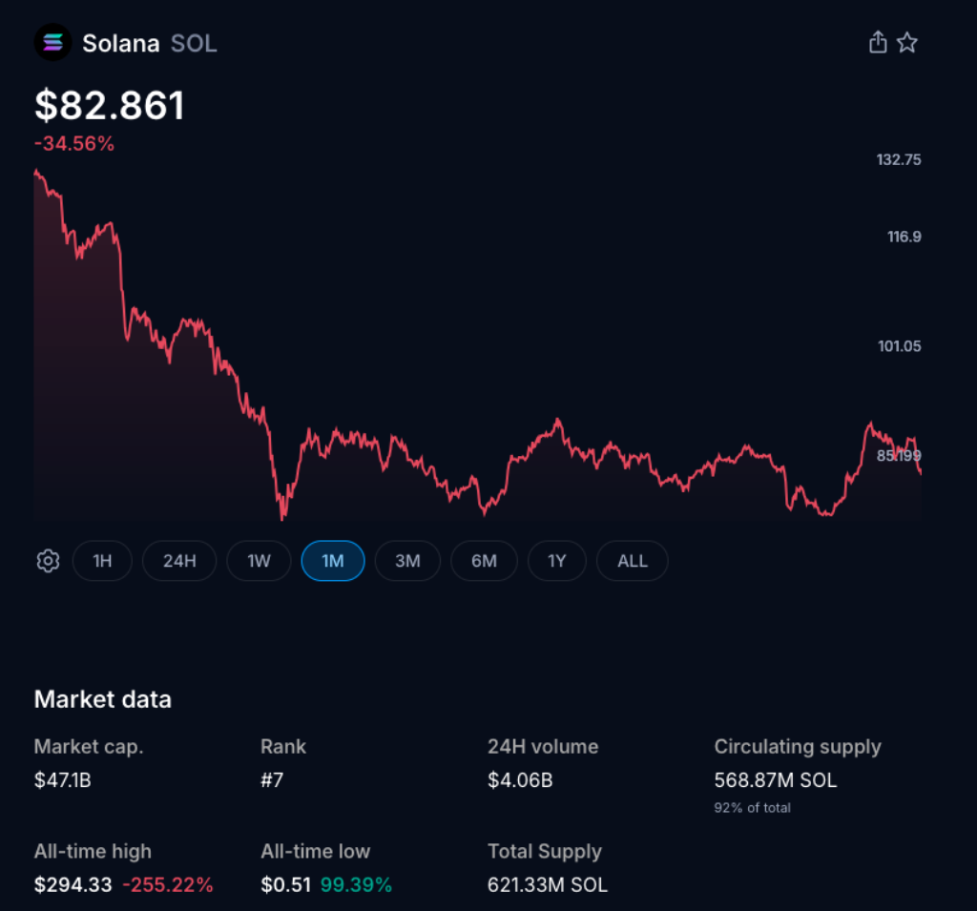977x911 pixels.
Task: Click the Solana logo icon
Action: pyautogui.click(x=52, y=43)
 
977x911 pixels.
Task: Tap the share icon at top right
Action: pyautogui.click(x=878, y=43)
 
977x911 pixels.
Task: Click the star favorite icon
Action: pyautogui.click(x=907, y=43)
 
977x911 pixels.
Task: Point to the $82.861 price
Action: pyautogui.click(x=110, y=105)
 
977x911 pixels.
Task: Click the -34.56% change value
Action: pyautogui.click(x=74, y=144)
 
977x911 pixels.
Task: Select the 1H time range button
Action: pyautogui.click(x=102, y=561)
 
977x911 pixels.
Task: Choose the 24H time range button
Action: pyautogui.click(x=179, y=561)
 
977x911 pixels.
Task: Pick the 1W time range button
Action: pyautogui.click(x=259, y=561)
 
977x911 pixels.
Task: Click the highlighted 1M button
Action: pyautogui.click(x=333, y=561)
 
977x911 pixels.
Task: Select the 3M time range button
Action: pyautogui.click(x=407, y=561)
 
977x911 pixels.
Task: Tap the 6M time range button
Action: pyautogui.click(x=484, y=561)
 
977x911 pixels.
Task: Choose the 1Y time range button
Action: pyautogui.click(x=557, y=561)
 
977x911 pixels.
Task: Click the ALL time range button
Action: pyautogui.click(x=632, y=561)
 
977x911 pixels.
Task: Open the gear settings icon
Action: pyautogui.click(x=48, y=561)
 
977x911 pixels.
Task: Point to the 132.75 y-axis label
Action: pyautogui.click(x=899, y=159)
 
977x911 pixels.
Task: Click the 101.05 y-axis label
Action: pyautogui.click(x=899, y=346)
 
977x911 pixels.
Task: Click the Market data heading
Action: pyautogui.click(x=103, y=699)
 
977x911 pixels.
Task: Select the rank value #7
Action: pyautogui.click(x=272, y=780)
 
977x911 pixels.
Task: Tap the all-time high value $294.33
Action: pyautogui.click(x=72, y=885)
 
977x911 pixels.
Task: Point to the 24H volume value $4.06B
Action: pyautogui.click(x=520, y=780)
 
